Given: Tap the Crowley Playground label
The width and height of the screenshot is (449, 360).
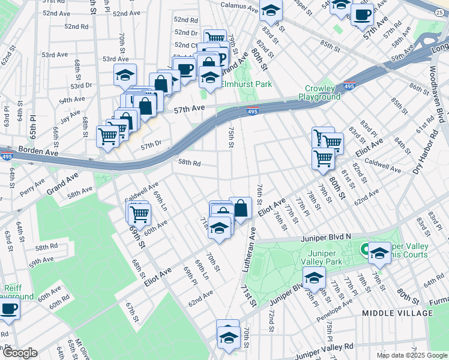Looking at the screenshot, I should coord(319,92).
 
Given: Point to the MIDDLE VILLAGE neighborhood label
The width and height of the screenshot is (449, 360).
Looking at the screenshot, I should coord(397,313).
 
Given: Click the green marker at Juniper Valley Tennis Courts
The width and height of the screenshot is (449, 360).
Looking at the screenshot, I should coord(364,248).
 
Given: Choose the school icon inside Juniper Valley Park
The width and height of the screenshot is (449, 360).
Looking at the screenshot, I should coord(314,278).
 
